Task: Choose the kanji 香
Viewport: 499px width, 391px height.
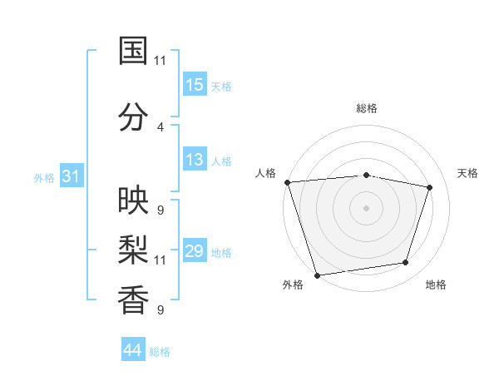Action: tap(133, 298)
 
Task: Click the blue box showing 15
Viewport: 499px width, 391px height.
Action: tap(195, 84)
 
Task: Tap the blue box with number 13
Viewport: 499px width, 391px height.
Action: tap(195, 160)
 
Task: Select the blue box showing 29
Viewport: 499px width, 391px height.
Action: tap(195, 251)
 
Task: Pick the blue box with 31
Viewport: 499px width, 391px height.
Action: tap(71, 176)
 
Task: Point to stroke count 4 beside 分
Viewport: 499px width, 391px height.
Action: tap(160, 126)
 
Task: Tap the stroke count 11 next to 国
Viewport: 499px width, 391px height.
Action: tap(160, 60)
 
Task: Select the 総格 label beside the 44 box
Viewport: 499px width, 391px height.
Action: tap(160, 352)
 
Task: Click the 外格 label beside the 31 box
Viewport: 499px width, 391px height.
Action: tap(44, 177)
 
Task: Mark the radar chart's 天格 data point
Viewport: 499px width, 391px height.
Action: tap(430, 188)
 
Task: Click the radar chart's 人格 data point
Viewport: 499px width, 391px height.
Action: tap(287, 182)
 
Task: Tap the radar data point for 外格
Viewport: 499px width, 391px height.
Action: tap(317, 274)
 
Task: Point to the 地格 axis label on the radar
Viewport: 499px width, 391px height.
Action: tap(436, 285)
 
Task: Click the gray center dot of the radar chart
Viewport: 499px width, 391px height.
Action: tap(366, 207)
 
